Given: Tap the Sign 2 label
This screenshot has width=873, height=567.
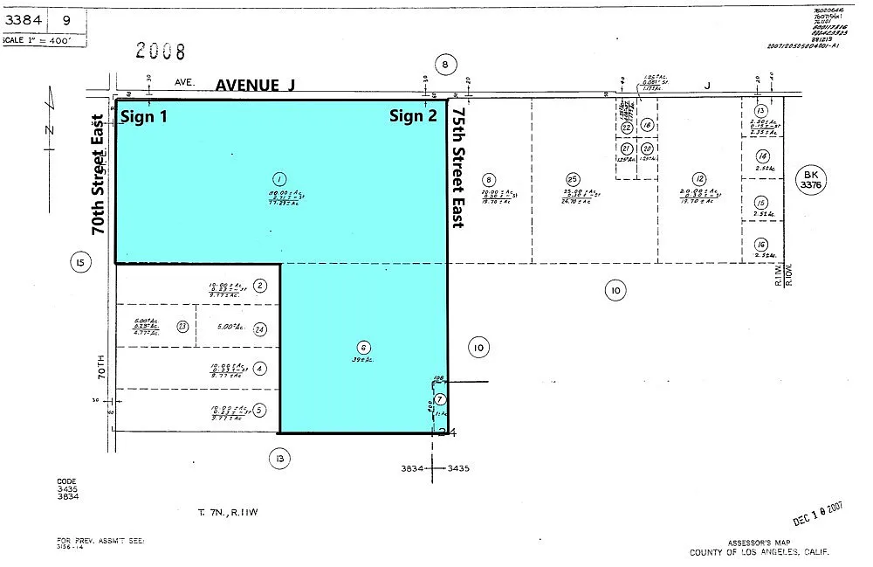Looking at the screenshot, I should (x=413, y=116).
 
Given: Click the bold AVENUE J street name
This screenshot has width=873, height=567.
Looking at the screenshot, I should (x=256, y=85).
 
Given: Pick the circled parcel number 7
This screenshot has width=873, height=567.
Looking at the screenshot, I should (x=440, y=399).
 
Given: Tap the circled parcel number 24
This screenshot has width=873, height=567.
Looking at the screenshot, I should (x=259, y=329).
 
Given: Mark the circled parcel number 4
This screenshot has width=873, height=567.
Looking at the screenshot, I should (x=260, y=368).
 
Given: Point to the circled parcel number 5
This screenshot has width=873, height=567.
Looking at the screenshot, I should (x=260, y=411).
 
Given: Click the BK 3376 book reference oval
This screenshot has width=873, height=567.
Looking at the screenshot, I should (x=809, y=179).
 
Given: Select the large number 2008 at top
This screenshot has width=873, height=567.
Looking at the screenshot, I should (x=161, y=52).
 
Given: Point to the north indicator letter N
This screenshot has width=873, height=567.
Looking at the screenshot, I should (x=50, y=131).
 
